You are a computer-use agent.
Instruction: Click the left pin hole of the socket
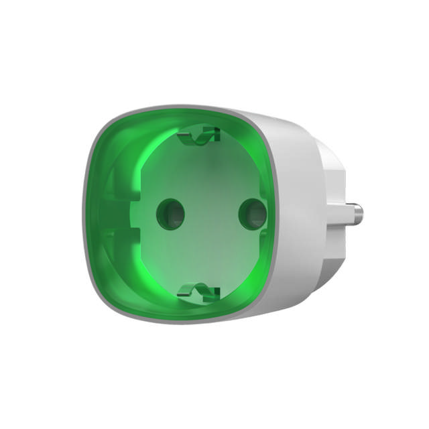[x=170, y=214]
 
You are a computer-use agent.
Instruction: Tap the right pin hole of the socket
[x=252, y=214]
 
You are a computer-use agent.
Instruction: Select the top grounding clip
[x=200, y=136]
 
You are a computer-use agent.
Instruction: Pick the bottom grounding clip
[x=200, y=292]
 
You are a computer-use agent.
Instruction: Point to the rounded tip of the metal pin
[x=361, y=215]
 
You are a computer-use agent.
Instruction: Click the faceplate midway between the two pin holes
[x=211, y=214]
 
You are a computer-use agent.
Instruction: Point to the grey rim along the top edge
[x=181, y=107]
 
